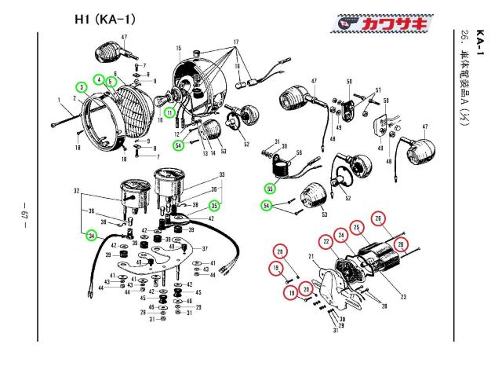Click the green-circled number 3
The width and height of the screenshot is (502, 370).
82,86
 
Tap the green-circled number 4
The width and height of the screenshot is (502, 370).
99,79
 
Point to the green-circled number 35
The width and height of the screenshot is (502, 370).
213,206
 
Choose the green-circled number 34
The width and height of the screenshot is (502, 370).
92,235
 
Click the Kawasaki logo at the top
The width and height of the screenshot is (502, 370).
380,25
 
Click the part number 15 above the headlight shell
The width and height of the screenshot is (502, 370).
179,48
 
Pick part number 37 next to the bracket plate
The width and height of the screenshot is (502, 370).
205,247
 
